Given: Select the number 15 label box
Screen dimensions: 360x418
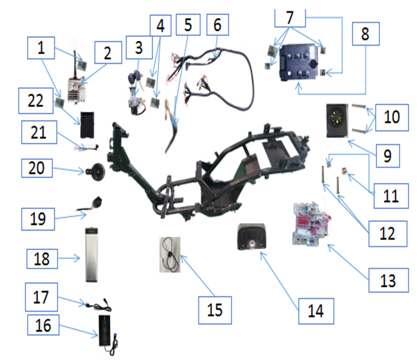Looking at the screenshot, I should (x=215, y=309).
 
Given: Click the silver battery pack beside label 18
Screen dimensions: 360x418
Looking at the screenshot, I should (x=94, y=254).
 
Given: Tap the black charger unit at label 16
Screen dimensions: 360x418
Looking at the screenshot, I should (x=107, y=331).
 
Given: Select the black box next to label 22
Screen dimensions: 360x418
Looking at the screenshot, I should (x=88, y=124).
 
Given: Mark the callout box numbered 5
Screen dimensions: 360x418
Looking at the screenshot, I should (x=188, y=26).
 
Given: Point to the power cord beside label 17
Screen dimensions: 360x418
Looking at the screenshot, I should (x=94, y=304).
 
